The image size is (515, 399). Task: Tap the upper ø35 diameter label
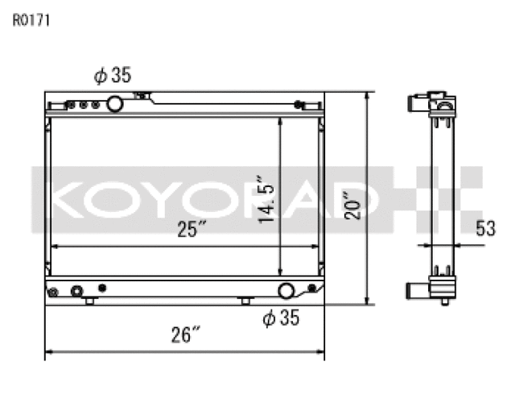[112, 76]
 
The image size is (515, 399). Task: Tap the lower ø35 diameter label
[281, 318]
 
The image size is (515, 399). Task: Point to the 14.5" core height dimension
[267, 197]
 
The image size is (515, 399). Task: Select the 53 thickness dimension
[484, 229]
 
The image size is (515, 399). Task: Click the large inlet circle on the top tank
[114, 103]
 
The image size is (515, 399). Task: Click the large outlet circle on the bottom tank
[286, 291]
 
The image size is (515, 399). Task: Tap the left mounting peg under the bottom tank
[90, 301]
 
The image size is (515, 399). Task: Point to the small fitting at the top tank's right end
[299, 104]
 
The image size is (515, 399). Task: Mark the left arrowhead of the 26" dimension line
[49, 351]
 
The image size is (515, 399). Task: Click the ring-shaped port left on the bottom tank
[76, 291]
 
